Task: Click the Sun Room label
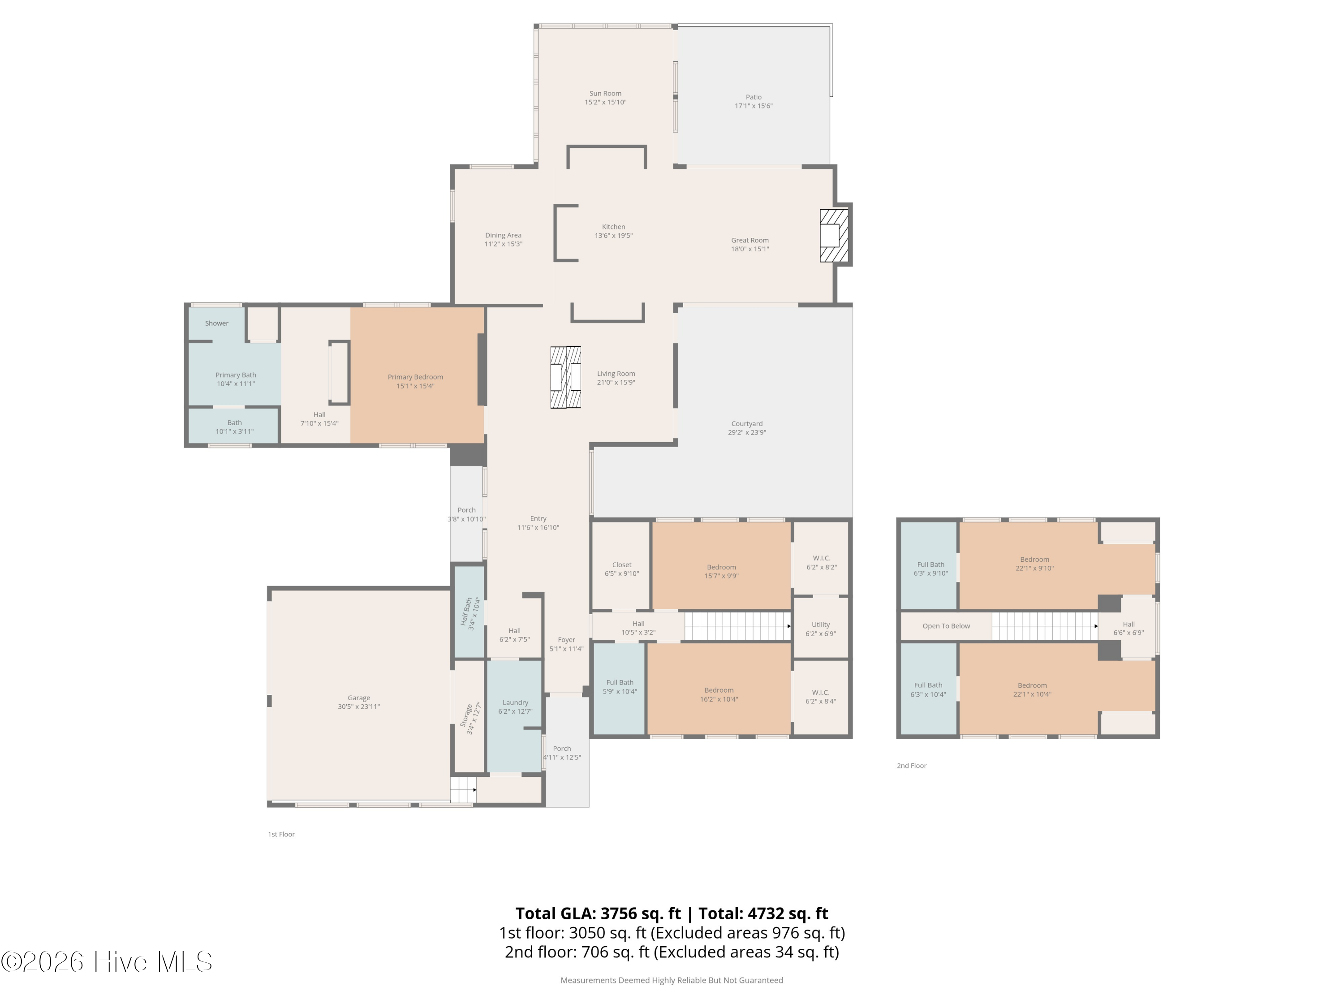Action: pos(605,94)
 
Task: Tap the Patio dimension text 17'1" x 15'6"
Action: pos(754,106)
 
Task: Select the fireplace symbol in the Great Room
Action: pos(834,235)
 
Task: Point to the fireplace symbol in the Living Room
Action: pos(566,377)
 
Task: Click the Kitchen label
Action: pos(614,227)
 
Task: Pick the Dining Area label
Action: pos(503,235)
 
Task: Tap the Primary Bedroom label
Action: pos(416,377)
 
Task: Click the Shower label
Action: pos(217,323)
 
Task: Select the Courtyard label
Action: pos(747,423)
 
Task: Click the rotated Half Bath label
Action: pos(466,612)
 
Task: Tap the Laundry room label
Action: pos(515,702)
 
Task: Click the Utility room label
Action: pos(821,625)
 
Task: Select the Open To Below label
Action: pos(946,626)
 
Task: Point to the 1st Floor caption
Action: pos(281,834)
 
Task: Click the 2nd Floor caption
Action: pos(911,766)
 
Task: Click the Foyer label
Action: pos(566,640)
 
